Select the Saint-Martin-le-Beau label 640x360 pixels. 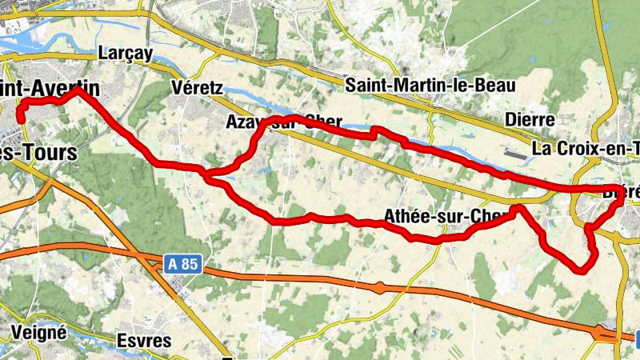click(x=430, y=85)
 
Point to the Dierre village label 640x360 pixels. click(x=530, y=120)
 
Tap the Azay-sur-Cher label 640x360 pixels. click(x=284, y=123)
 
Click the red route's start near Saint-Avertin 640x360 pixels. click(x=20, y=121)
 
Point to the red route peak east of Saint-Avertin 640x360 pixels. click(x=78, y=90)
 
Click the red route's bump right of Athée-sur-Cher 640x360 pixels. click(x=518, y=209)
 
